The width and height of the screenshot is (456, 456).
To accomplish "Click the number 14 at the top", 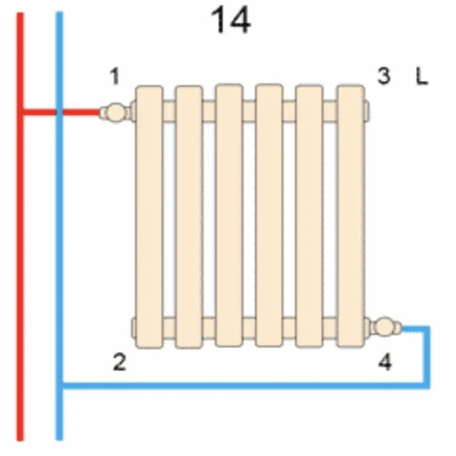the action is pyautogui.click(x=231, y=20).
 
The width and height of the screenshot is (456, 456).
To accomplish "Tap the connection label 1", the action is pyautogui.click(x=115, y=77).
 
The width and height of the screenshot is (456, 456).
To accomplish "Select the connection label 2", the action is pyautogui.click(x=119, y=362).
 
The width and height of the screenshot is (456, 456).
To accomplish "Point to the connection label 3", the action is pyautogui.click(x=384, y=76).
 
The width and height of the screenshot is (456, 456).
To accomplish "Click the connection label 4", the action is pyautogui.click(x=385, y=362).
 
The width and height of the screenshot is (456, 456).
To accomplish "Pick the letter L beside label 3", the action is pyautogui.click(x=421, y=77).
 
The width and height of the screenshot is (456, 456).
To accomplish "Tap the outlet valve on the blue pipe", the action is pyautogui.click(x=386, y=326).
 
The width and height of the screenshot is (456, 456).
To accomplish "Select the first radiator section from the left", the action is pyautogui.click(x=149, y=217).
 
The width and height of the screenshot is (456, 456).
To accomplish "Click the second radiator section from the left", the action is pyautogui.click(x=189, y=217).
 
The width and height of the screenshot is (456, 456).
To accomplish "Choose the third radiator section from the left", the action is pyautogui.click(x=229, y=215).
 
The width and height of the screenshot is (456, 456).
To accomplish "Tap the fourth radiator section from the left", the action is pyautogui.click(x=269, y=215).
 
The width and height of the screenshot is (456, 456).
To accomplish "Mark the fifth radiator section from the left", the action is pyautogui.click(x=309, y=216).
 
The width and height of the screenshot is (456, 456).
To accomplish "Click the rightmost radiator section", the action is pyautogui.click(x=351, y=216).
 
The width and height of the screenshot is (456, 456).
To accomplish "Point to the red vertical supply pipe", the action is pyautogui.click(x=20, y=226).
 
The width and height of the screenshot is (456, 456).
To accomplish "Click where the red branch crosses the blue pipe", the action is pyautogui.click(x=59, y=112).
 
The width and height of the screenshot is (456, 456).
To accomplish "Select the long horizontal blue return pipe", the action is pyautogui.click(x=244, y=385).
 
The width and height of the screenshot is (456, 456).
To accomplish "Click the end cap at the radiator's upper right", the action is pyautogui.click(x=368, y=110).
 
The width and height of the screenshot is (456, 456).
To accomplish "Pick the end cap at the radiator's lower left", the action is pyautogui.click(x=133, y=327).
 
